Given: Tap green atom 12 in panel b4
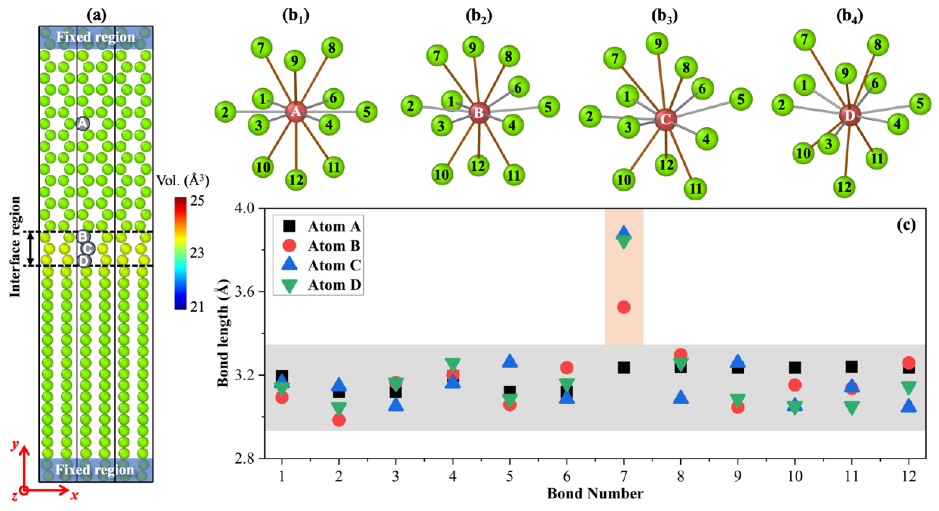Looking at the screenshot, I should [x=844, y=187].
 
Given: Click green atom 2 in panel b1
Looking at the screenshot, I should [x=225, y=112].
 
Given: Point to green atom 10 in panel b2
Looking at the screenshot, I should [x=442, y=174].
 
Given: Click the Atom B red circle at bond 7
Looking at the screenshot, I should [x=624, y=307].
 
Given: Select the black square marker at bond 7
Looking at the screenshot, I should [x=624, y=368].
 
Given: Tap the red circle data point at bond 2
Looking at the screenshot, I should [x=339, y=420].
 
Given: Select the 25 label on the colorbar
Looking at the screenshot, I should [x=197, y=201].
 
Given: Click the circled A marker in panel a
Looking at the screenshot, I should [x=83, y=123].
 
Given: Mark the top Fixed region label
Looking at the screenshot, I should [x=95, y=37].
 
